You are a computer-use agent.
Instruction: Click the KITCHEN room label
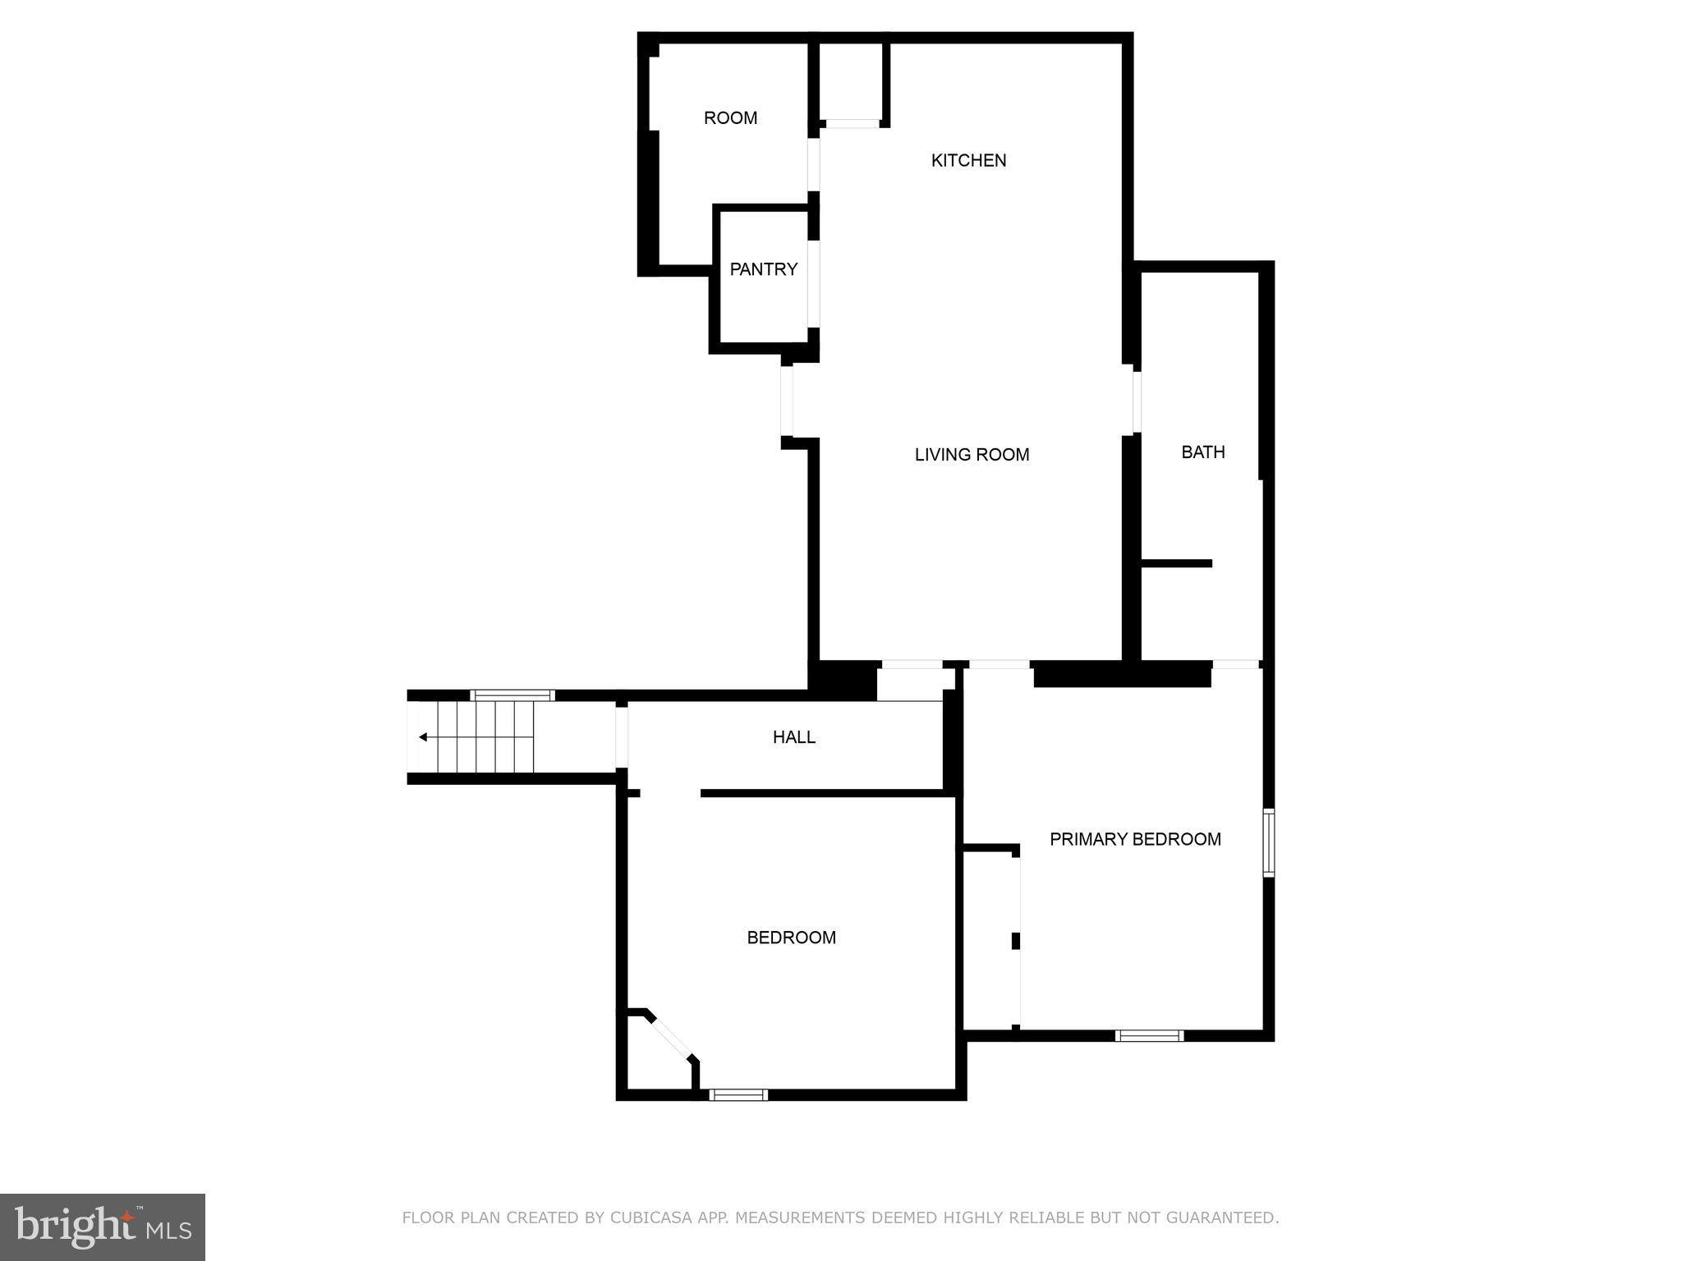(x=968, y=160)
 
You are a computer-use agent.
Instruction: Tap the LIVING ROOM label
(x=972, y=454)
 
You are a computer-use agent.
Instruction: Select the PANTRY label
(x=763, y=269)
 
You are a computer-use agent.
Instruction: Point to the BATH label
(x=1202, y=452)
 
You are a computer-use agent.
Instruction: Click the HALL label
(x=793, y=737)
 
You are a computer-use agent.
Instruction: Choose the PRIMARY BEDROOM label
(x=1135, y=839)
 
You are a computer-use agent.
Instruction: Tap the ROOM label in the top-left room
(x=730, y=118)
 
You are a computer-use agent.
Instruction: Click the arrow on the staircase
(x=423, y=737)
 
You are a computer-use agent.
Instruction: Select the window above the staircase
(x=512, y=695)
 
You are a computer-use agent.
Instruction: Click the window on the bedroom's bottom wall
(x=738, y=1094)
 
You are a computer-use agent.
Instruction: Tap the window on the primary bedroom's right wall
(x=1268, y=842)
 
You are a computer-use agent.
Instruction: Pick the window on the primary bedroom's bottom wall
(x=1149, y=1036)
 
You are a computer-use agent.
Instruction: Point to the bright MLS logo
(x=102, y=1227)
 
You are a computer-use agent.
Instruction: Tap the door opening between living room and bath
(x=1137, y=402)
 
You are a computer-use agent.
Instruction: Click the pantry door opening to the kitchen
(x=814, y=283)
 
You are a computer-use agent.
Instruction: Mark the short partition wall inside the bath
(x=1176, y=563)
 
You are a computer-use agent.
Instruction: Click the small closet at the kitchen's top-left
(x=851, y=82)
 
